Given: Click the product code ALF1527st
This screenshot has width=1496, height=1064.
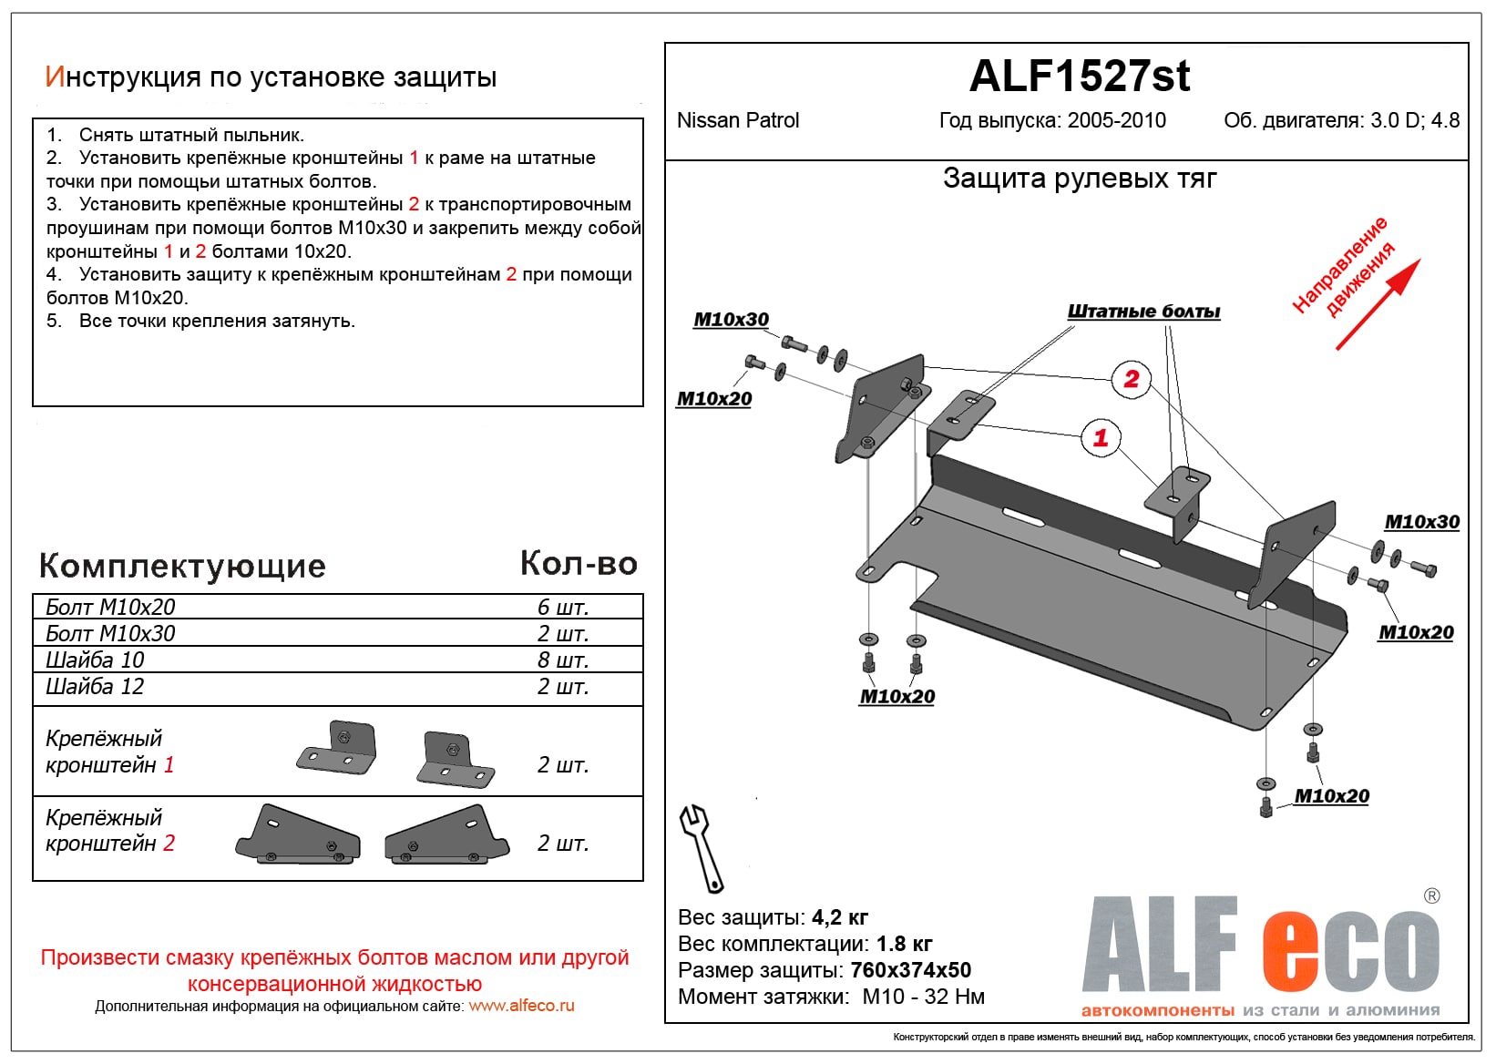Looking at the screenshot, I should pyautogui.click(x=1080, y=76).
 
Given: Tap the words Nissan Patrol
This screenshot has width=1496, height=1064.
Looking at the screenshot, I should pyautogui.click(x=738, y=120).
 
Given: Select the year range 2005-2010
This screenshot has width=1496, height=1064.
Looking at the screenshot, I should pyautogui.click(x=1116, y=120).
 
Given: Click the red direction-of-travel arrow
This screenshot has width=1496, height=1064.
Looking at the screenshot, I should pyautogui.click(x=1378, y=305).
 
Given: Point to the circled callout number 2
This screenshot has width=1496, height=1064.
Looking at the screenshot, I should pyautogui.click(x=1132, y=379).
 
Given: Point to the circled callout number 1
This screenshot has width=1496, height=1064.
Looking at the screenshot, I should pyautogui.click(x=1101, y=437).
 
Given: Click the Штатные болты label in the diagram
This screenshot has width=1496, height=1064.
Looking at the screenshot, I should pyautogui.click(x=1143, y=312).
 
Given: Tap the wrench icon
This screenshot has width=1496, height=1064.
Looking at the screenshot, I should pyautogui.click(x=700, y=847).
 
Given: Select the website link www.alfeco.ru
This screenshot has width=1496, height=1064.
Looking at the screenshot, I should pyautogui.click(x=521, y=1006).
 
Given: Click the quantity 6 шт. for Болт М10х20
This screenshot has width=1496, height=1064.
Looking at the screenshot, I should pyautogui.click(x=563, y=608).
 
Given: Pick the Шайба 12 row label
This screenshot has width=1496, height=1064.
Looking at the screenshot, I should pyautogui.click(x=95, y=687).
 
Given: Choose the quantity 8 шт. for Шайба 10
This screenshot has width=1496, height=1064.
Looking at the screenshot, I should pyautogui.click(x=563, y=660).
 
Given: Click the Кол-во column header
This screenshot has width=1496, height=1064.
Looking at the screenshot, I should pyautogui.click(x=579, y=564).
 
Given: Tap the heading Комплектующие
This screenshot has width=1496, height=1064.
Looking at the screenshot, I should pyautogui.click(x=182, y=566).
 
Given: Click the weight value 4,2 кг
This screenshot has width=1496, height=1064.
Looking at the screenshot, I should pyautogui.click(x=840, y=917).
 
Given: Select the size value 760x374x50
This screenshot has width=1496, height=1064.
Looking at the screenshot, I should pyautogui.click(x=910, y=970).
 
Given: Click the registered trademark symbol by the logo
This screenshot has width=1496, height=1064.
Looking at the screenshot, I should pyautogui.click(x=1431, y=896).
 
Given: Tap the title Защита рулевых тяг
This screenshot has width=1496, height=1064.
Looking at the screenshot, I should pyautogui.click(x=1080, y=179).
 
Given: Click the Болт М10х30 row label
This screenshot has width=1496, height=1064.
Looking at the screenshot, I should pyautogui.click(x=110, y=634).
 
